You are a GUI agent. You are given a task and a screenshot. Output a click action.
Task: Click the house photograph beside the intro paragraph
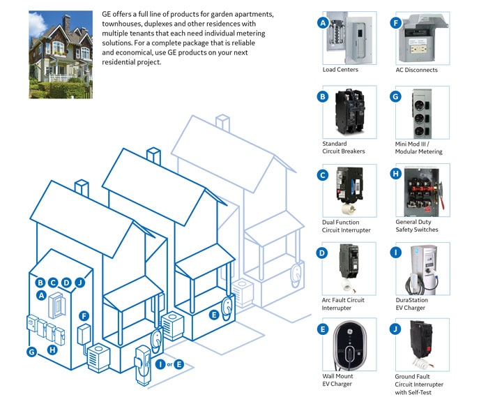click(59, 55)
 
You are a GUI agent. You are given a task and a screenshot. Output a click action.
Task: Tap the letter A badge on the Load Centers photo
click(323, 22)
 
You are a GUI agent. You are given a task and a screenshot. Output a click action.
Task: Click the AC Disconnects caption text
click(417, 70)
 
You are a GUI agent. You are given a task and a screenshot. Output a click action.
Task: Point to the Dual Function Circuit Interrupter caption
click(346, 226)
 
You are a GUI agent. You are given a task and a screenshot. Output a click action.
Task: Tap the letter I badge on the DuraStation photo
click(396, 253)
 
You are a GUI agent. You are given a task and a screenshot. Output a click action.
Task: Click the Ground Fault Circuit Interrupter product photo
click(422, 345)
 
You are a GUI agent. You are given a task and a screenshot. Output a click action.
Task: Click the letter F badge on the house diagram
click(84, 315)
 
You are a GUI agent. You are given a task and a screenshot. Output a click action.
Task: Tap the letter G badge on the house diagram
click(31, 352)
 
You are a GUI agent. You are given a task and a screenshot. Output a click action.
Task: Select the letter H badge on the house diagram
click(52, 350)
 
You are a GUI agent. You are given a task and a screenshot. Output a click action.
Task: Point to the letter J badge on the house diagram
click(79, 283)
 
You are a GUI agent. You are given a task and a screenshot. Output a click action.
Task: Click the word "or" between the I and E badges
click(170, 364)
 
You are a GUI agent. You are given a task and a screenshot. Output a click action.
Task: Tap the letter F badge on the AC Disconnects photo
click(396, 22)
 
